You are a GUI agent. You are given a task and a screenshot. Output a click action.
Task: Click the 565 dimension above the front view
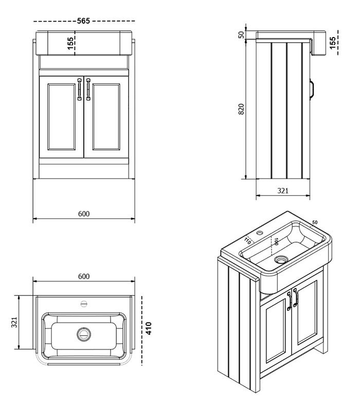click(84, 21)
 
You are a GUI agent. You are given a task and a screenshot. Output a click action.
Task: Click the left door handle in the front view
click(80, 89)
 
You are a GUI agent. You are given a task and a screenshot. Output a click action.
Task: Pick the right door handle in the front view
click(88, 89)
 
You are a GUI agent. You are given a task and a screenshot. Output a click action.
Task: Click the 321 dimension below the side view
click(283, 191)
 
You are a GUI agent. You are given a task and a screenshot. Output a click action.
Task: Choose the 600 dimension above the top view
click(84, 276)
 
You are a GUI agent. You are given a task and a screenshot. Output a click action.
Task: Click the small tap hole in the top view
click(83, 303)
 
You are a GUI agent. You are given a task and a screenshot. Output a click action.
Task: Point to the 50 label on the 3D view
click(315, 222)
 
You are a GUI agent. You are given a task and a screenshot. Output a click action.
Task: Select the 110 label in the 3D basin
click(248, 239)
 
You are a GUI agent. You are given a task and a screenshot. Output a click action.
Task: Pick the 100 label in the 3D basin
click(276, 241)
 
